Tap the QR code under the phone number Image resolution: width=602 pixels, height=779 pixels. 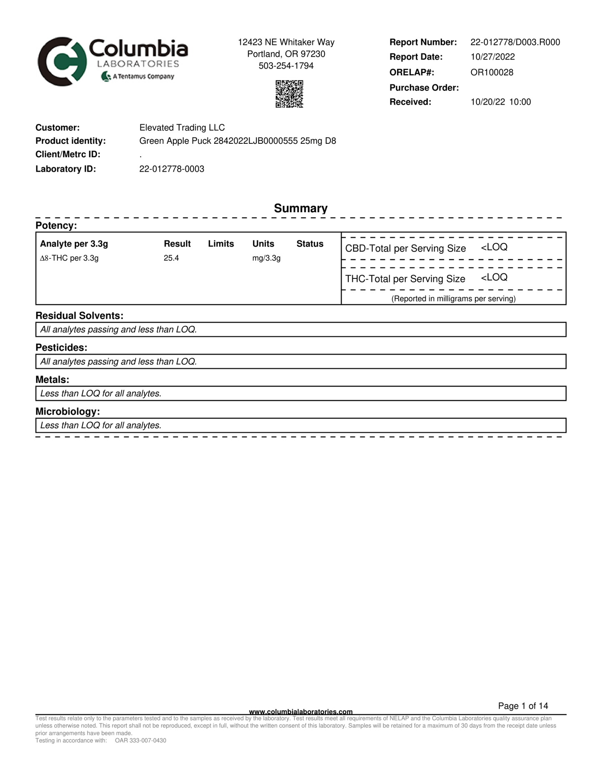(289, 94)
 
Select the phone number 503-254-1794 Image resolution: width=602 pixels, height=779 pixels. (286, 66)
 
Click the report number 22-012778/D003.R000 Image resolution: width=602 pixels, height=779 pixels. (515, 42)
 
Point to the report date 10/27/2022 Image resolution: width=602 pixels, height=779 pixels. (492, 57)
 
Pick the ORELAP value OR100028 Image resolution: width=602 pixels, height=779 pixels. (492, 72)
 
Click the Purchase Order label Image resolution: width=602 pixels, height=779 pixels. (424, 88)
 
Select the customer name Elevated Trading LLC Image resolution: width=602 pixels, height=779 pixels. (182, 128)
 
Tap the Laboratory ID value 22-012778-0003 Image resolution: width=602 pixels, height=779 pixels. (172, 169)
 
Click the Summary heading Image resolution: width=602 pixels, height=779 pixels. (300, 208)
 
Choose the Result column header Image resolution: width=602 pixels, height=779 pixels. (177, 244)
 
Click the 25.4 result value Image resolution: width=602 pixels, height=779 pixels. (171, 258)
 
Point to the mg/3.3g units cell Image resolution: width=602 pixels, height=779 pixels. (266, 258)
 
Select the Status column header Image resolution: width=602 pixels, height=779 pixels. (310, 244)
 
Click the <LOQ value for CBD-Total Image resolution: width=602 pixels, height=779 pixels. (494, 247)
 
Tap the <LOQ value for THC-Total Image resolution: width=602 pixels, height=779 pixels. (494, 278)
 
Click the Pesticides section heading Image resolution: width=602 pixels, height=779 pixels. (61, 348)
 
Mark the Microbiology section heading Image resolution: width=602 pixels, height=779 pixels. (67, 411)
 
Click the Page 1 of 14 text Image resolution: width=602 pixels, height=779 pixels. (523, 706)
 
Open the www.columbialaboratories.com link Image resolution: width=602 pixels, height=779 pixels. (300, 711)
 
